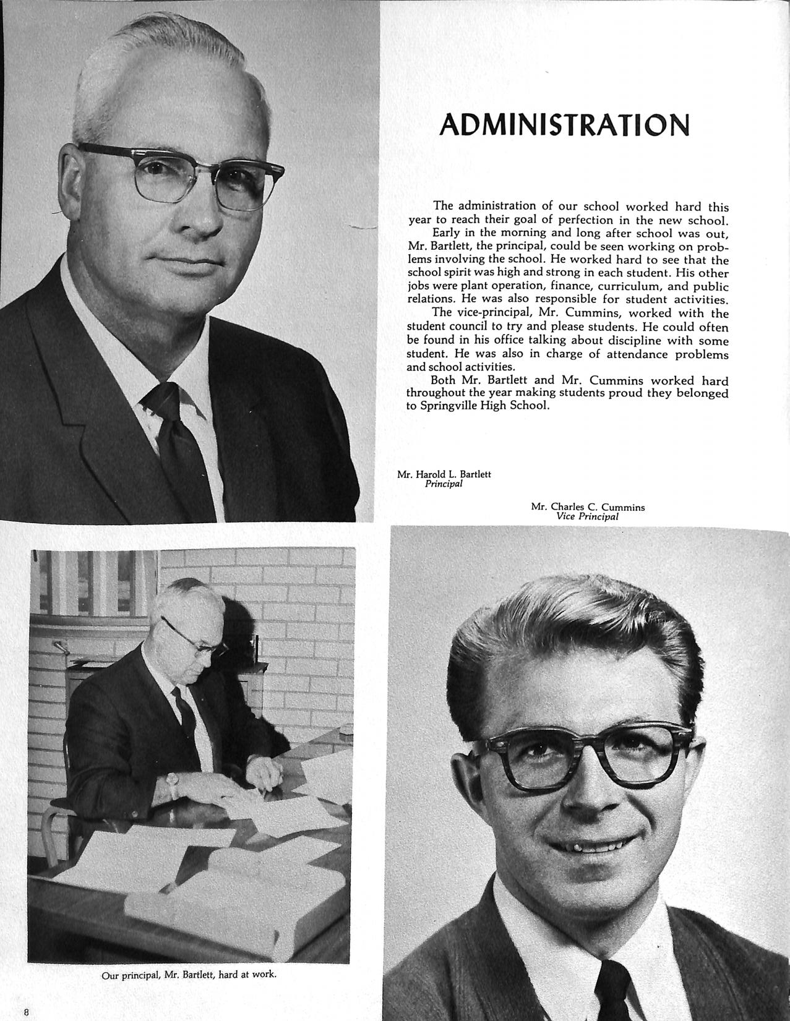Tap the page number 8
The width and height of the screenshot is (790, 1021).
click(27, 1012)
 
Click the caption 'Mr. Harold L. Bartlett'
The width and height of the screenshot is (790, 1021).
click(444, 474)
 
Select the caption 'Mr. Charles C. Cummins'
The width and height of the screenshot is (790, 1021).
click(588, 507)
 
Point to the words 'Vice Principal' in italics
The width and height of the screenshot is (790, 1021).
click(587, 516)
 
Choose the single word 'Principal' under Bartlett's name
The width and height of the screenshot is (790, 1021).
click(444, 484)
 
